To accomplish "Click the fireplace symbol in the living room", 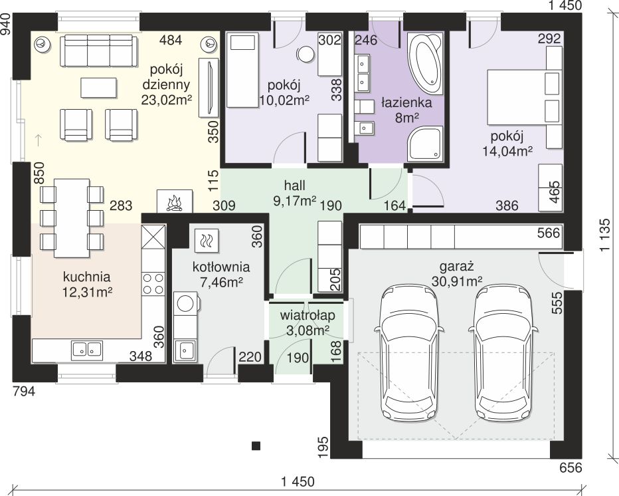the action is pos(175,201).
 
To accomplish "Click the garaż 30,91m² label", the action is pos(456,274).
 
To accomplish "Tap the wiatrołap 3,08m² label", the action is pos(308,322).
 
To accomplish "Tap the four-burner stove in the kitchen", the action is pos(153,283).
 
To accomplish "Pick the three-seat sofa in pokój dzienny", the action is pos(99,51).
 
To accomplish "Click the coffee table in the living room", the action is pos(99,87).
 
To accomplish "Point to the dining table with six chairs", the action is pos(72,218).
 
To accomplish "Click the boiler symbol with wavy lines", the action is pos(207,240).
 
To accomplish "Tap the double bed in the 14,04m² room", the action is pos(524,97).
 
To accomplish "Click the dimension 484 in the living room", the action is pos(171,40).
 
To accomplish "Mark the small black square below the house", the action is pos(256,446).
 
